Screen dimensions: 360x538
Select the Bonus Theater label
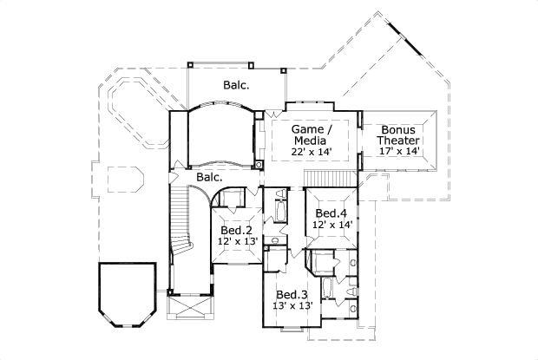tap(399, 134)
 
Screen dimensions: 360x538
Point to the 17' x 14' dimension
tap(399, 152)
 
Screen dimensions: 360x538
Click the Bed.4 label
tap(331, 213)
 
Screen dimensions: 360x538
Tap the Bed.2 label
tap(235, 230)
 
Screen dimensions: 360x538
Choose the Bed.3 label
tap(291, 294)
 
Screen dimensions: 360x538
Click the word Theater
tap(399, 140)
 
